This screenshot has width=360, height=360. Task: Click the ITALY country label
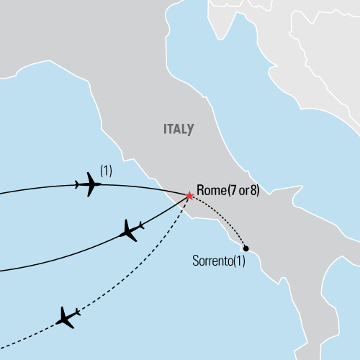[x=176, y=130]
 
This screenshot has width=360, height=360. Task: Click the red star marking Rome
[x=189, y=195]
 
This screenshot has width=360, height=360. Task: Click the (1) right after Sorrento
[x=239, y=261]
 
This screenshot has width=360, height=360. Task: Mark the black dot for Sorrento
[x=246, y=247]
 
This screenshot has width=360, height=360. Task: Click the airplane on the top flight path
[x=90, y=184]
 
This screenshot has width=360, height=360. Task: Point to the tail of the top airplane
[x=78, y=184]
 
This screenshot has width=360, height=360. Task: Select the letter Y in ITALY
[x=190, y=130]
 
